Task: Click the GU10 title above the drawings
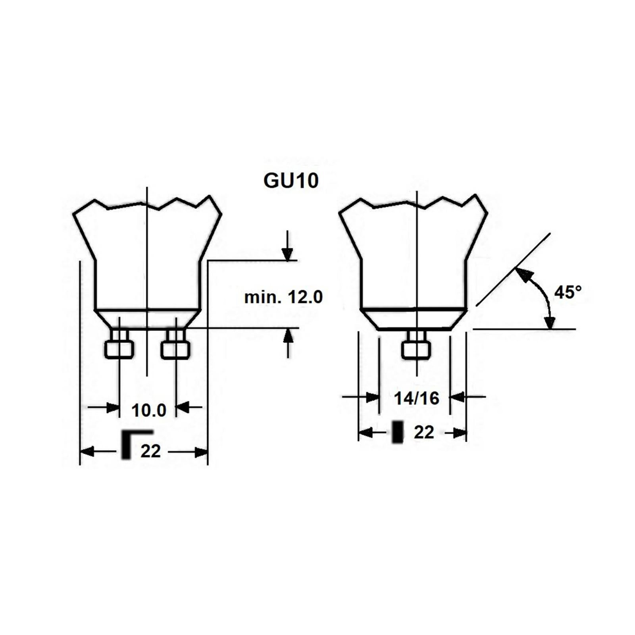click(x=291, y=181)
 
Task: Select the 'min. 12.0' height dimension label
click(x=283, y=297)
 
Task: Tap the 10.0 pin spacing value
click(x=149, y=410)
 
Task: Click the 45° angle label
click(x=568, y=292)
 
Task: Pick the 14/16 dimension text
click(x=417, y=398)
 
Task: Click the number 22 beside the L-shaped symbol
click(x=150, y=451)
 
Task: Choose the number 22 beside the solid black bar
click(x=424, y=433)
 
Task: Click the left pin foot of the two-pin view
click(x=119, y=349)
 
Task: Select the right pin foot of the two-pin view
click(x=175, y=349)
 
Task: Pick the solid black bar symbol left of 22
click(x=397, y=432)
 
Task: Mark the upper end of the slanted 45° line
click(x=550, y=233)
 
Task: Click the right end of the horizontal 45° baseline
click(x=575, y=329)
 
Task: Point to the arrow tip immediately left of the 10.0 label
click(x=119, y=407)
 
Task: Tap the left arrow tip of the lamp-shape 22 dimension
click(x=81, y=452)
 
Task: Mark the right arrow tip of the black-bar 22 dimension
click(x=466, y=433)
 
